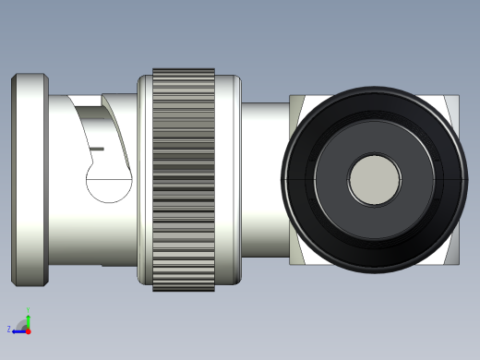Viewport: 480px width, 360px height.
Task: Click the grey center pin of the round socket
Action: tap(374, 179)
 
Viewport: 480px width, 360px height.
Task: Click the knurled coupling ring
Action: tap(184, 179)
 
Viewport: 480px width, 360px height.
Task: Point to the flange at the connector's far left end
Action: tap(29, 179)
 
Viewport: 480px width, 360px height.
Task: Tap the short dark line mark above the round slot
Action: tap(97, 148)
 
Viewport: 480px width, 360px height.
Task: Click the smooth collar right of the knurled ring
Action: tap(228, 179)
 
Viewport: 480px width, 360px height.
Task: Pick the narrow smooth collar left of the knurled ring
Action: tap(144, 179)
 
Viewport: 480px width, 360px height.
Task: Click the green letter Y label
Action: tap(28, 309)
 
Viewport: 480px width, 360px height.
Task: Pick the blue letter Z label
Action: tap(9, 329)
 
